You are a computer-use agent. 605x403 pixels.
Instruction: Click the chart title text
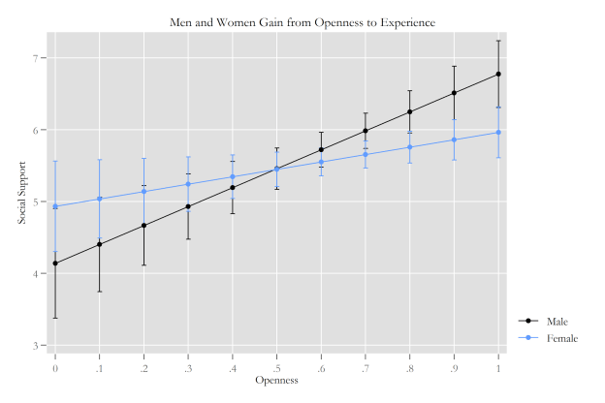tap(302, 20)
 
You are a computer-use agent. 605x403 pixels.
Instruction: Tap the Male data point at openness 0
tap(55, 263)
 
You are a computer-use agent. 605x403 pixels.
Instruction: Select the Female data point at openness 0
tap(55, 206)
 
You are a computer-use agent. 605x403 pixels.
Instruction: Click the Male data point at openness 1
tap(498, 74)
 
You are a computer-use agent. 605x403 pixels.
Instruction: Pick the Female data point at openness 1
tap(498, 132)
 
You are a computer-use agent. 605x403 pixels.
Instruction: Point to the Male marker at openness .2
tap(143, 225)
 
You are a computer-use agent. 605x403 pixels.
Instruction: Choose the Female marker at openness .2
tap(143, 191)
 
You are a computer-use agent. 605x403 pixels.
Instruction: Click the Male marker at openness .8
tap(410, 111)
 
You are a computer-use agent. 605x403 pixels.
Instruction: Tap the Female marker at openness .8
tap(410, 146)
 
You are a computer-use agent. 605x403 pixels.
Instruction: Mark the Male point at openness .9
tap(454, 93)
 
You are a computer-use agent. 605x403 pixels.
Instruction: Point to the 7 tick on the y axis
tap(38, 58)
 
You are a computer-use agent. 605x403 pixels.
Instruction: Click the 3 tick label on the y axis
tap(38, 345)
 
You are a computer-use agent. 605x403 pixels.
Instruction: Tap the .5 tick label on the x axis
tap(276, 367)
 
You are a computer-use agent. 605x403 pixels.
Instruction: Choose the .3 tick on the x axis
tap(187, 367)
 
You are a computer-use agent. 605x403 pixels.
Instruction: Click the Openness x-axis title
tap(276, 381)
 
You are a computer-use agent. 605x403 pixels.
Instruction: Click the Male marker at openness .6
tap(321, 149)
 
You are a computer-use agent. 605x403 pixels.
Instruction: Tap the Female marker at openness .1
tap(99, 199)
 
